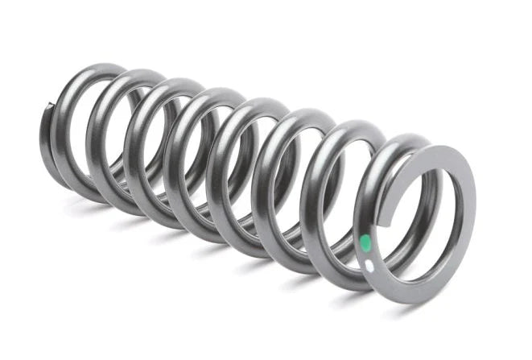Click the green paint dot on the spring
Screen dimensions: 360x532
(x=365, y=242)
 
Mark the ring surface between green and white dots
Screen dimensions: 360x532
(x=367, y=254)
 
